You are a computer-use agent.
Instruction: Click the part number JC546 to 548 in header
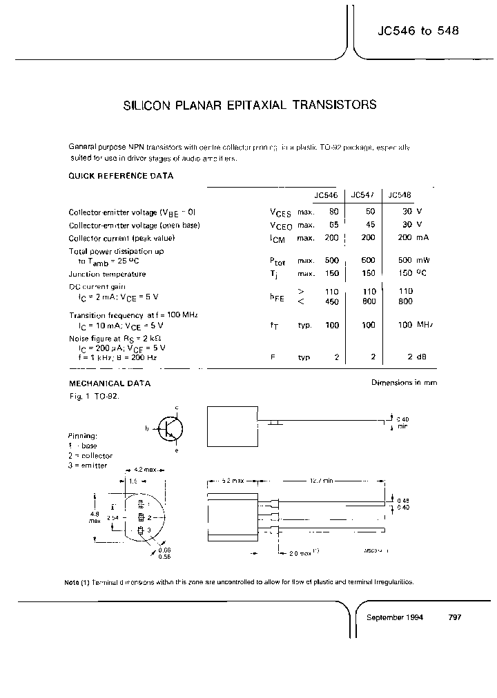(418, 32)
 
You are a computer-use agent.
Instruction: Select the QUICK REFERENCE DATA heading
(120, 176)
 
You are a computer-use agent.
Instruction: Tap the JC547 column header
(363, 195)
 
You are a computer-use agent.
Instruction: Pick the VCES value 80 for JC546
(333, 212)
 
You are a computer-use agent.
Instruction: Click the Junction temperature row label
(107, 274)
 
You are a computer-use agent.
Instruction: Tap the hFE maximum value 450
(332, 301)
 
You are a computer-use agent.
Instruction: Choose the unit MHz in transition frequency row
(425, 324)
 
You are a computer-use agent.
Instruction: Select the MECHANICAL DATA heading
(109, 383)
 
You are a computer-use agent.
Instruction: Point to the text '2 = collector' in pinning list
(90, 456)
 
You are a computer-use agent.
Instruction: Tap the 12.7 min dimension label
(320, 480)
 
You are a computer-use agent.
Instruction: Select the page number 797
(454, 617)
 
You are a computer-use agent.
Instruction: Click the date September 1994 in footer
(395, 617)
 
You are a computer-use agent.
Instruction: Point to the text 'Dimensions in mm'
(404, 383)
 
